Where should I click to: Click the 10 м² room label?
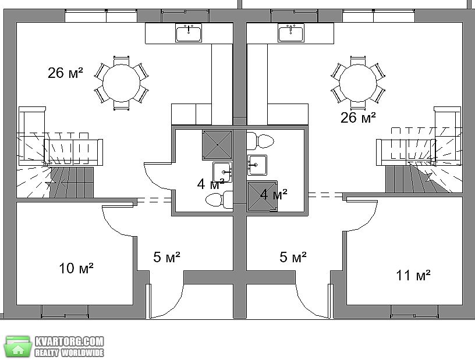tap(76, 268)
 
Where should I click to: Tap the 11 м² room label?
tap(413, 275)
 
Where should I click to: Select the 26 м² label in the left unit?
tap(65, 73)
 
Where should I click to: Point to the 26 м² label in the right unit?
tap(358, 117)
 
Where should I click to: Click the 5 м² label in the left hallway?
tap(166, 257)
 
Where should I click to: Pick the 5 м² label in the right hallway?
tap(293, 257)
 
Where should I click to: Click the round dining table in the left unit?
tap(122, 83)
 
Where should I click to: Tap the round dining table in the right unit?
tap(358, 83)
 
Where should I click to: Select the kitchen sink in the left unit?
tap(189, 33)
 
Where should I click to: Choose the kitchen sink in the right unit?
tap(291, 33)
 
